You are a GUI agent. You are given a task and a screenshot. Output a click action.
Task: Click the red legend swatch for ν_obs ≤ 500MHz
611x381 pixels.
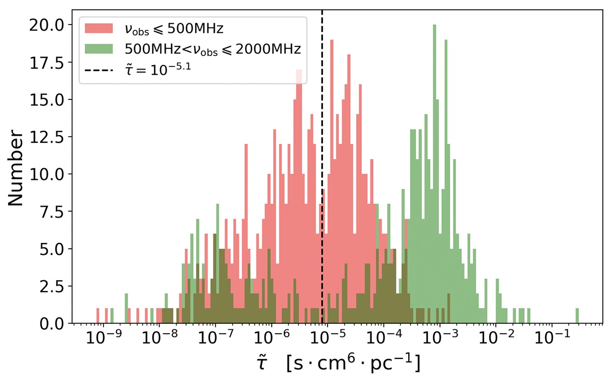point(99,29)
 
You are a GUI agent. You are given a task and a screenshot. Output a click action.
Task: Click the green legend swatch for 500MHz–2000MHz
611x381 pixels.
point(99,49)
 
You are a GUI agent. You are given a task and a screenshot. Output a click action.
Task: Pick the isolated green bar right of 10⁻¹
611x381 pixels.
point(577,316)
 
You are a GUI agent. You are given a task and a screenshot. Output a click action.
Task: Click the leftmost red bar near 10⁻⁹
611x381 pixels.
point(98,316)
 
